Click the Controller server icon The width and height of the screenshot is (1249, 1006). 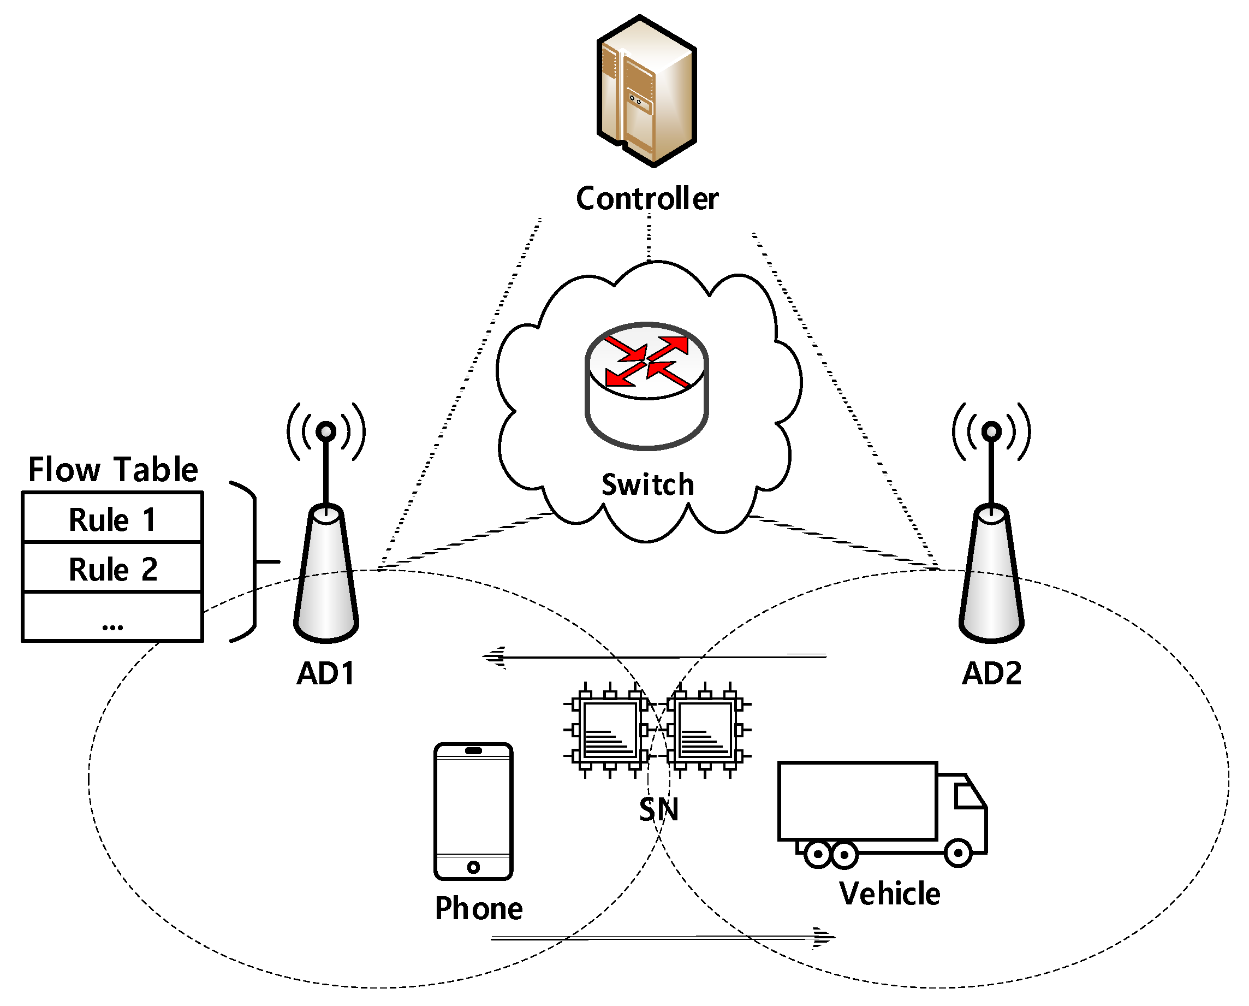pyautogui.click(x=647, y=92)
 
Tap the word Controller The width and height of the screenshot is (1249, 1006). pyautogui.click(x=647, y=199)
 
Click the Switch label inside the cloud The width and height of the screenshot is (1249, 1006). pyautogui.click(x=647, y=485)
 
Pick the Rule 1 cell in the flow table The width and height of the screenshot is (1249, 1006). pyautogui.click(x=112, y=519)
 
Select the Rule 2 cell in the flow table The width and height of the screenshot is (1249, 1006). pyautogui.click(x=112, y=569)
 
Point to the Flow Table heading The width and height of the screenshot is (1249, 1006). pyautogui.click(x=114, y=469)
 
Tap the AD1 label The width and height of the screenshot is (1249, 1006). pyautogui.click(x=325, y=673)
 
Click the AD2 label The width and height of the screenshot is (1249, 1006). pyautogui.click(x=992, y=673)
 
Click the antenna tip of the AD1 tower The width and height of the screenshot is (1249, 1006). pyautogui.click(x=326, y=431)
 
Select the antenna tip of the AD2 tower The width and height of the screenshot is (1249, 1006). pyautogui.click(x=992, y=431)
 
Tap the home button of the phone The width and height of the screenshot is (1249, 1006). pyautogui.click(x=473, y=867)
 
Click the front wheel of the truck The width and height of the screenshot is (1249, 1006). pyautogui.click(x=958, y=853)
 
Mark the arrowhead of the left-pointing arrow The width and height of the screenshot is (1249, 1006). pyautogui.click(x=492, y=658)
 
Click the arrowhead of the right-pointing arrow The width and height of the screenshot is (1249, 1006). pyautogui.click(x=825, y=937)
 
